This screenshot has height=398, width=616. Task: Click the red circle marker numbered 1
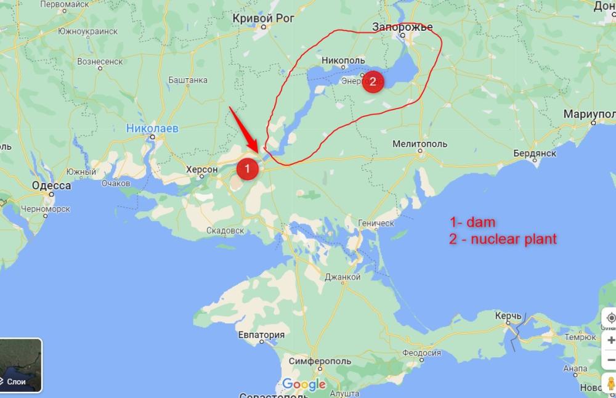point(247,168)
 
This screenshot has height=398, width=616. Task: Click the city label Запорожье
point(403,26)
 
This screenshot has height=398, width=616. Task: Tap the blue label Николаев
point(152,129)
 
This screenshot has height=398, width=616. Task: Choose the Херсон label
point(203,169)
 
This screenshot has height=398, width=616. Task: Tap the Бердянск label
point(535,153)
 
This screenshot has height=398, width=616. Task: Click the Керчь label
point(509,315)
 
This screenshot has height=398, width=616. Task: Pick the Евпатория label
point(262,335)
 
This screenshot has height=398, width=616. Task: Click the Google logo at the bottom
point(304,385)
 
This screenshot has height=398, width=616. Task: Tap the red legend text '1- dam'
point(472,222)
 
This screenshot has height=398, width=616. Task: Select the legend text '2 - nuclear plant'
point(503,239)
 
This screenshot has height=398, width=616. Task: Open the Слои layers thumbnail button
point(21,365)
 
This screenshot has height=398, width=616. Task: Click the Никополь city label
point(342,60)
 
